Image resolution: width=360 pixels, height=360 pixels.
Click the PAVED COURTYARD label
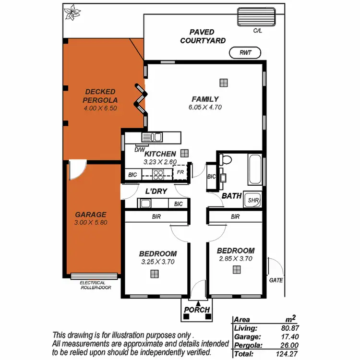(203, 36)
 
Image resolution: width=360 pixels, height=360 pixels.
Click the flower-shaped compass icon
(72, 12)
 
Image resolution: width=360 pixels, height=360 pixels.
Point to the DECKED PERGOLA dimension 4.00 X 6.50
(100, 108)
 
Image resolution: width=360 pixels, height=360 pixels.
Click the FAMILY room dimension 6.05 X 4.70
(205, 108)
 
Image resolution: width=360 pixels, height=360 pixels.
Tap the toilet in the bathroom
(226, 160)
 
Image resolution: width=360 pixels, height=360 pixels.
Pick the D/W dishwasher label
(140, 150)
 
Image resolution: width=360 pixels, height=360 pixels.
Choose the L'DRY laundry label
(156, 192)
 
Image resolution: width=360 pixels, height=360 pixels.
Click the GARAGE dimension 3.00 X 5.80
(91, 223)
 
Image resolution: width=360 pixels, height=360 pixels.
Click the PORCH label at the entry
(197, 310)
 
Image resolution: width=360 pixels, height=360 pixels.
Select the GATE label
(276, 280)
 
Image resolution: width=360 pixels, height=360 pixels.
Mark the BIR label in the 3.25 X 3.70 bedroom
(156, 216)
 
